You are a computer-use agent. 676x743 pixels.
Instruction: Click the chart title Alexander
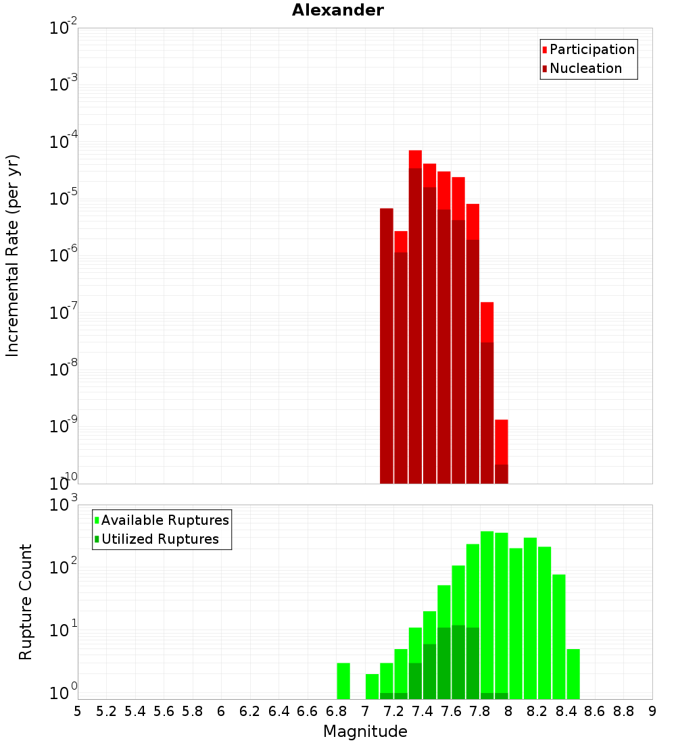point(337,11)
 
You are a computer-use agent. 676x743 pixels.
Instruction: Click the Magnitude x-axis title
point(365,732)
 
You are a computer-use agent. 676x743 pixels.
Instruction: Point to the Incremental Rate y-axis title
point(13,256)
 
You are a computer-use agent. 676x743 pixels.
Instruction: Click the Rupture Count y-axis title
point(26,602)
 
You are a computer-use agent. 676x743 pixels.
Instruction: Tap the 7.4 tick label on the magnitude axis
point(422,711)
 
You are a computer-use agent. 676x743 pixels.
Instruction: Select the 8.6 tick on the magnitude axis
point(595,711)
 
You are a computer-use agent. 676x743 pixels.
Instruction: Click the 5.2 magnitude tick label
point(106,711)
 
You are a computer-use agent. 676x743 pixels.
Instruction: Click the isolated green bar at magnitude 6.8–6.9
point(343,681)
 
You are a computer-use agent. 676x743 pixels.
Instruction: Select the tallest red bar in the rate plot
point(415,159)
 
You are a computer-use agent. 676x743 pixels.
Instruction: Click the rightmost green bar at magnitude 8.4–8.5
point(573,674)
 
